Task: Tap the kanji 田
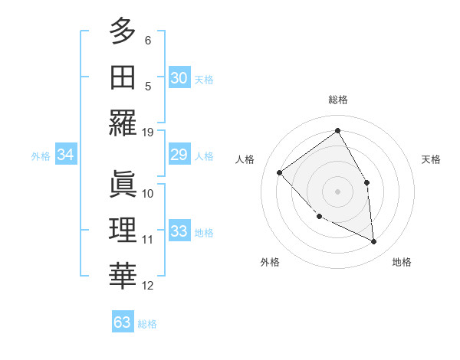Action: [x=123, y=77]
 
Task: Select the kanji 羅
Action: [x=123, y=123]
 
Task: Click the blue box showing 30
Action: [x=179, y=77]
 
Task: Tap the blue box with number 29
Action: [x=179, y=155]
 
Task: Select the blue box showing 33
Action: [x=179, y=231]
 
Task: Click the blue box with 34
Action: [x=65, y=155]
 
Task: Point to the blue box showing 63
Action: [x=122, y=322]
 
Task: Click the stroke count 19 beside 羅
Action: [x=148, y=132]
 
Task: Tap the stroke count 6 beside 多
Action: [x=148, y=40]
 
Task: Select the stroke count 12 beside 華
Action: [x=148, y=286]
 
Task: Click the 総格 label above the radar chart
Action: [x=337, y=100]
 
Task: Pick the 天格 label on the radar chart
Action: [x=431, y=159]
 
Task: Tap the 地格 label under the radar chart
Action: [x=402, y=262]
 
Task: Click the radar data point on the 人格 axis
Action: [x=280, y=172]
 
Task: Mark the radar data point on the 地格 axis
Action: [x=373, y=241]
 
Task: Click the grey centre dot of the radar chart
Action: [x=337, y=191]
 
